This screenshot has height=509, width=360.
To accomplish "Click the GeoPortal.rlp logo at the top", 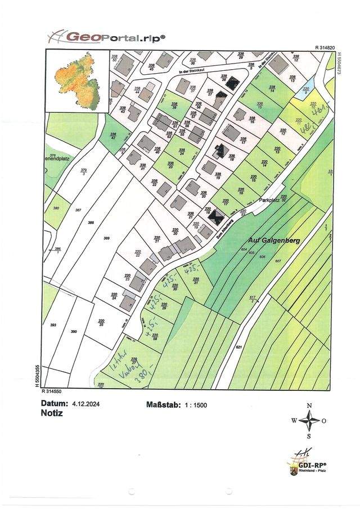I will point(106,37).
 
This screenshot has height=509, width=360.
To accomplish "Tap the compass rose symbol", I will point(309,420).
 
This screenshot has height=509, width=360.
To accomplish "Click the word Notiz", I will point(52,412).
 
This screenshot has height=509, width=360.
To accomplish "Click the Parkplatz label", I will point(269,200).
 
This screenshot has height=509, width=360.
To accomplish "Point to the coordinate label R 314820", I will point(325,48).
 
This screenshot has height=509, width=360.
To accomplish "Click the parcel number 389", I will point(106,238).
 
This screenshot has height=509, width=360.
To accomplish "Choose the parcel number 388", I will point(91,223).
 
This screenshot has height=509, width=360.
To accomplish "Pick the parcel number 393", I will point(54,325).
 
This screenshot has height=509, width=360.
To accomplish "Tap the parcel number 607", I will point(277,262).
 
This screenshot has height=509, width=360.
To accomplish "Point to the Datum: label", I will point(55,403).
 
